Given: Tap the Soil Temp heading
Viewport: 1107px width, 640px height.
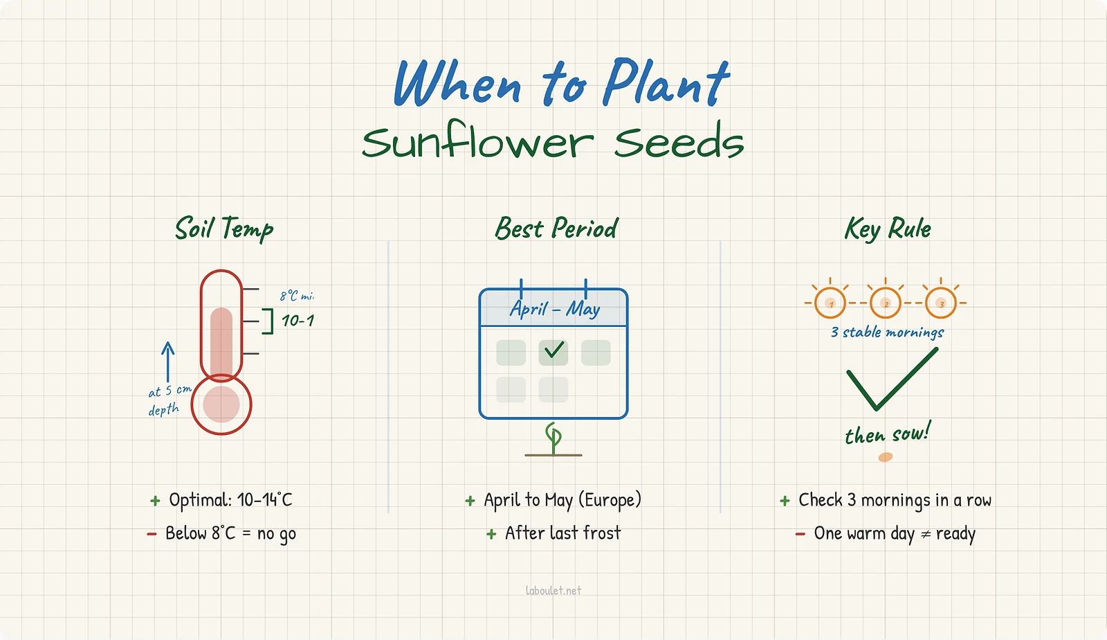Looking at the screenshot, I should (x=224, y=229).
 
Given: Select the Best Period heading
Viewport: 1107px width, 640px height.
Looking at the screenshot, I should (x=556, y=229).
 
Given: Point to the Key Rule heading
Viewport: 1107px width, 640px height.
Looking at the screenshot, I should (x=888, y=229).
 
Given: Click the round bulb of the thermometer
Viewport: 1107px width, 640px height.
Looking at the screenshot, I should (x=221, y=405).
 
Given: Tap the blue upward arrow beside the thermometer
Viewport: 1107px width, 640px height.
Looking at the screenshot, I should (x=167, y=361).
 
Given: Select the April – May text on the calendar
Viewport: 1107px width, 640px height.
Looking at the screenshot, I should (x=555, y=308).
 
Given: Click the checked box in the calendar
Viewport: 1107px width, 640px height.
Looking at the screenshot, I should (x=553, y=352).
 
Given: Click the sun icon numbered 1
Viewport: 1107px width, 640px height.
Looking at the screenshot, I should (x=830, y=303).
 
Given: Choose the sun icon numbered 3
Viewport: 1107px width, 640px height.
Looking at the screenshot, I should (x=941, y=303).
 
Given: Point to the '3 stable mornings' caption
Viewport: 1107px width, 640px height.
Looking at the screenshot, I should (x=888, y=332).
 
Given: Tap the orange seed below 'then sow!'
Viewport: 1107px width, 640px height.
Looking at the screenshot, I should (x=886, y=457).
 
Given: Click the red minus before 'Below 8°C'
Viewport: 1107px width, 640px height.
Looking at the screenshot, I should (x=152, y=534).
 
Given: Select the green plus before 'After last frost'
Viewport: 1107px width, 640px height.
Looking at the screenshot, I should (x=491, y=534).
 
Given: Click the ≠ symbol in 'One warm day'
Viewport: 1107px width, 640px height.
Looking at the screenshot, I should (x=926, y=535).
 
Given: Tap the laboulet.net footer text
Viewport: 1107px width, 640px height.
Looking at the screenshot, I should (x=553, y=591).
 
